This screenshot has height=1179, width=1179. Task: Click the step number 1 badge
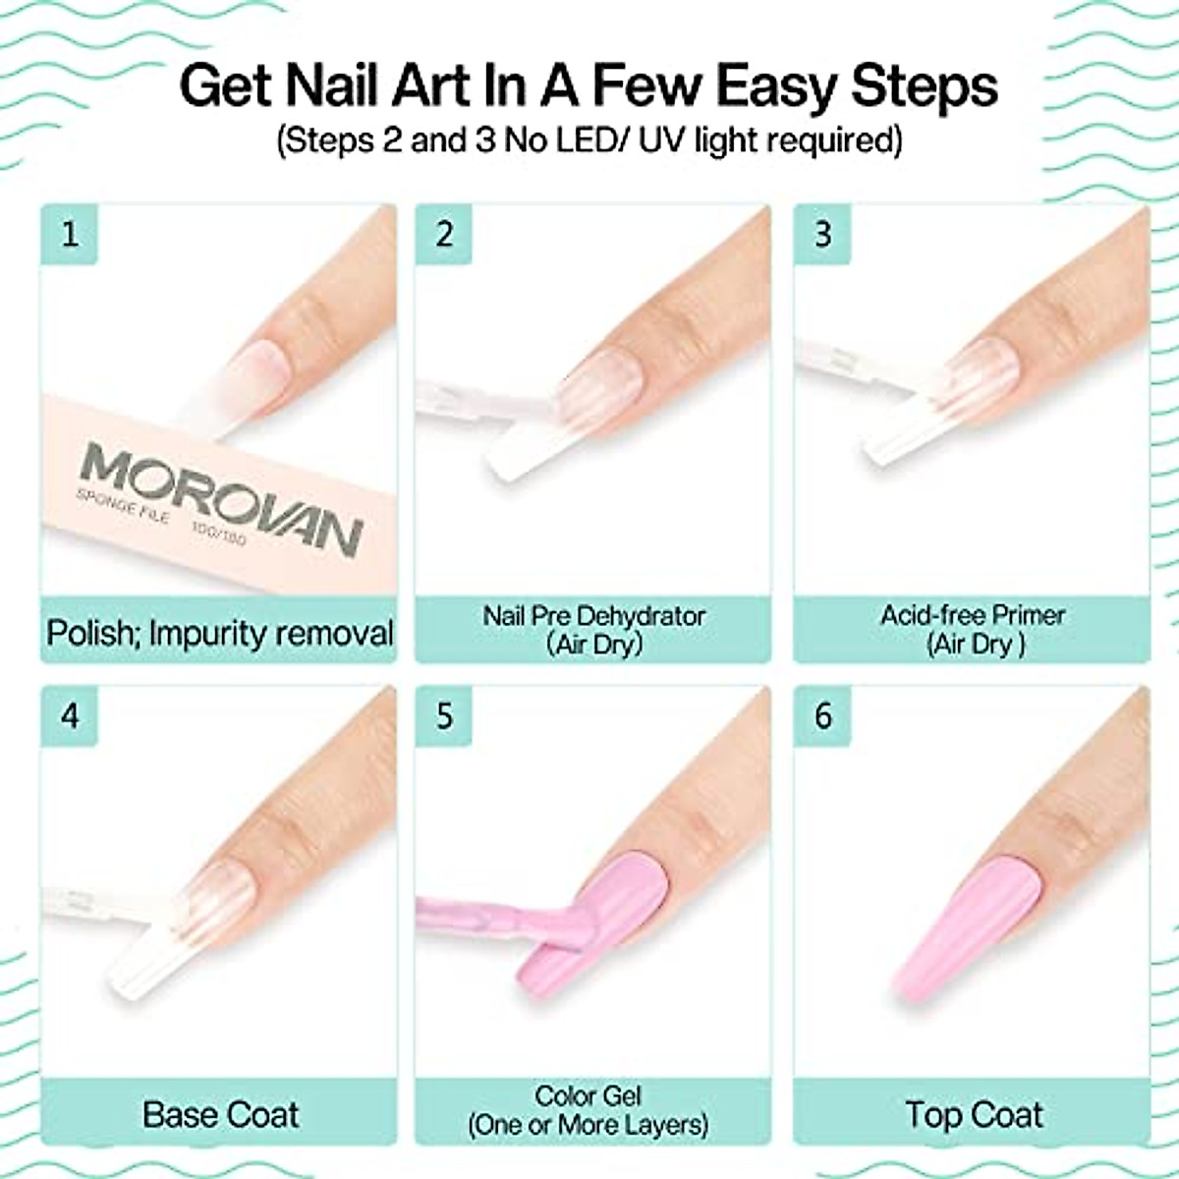pos(70,235)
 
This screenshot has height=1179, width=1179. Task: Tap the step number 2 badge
pos(445,235)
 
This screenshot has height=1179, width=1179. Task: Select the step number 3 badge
pos(823,235)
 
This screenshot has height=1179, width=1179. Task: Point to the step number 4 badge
pos(70,715)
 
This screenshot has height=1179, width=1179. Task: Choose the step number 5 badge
pos(445,715)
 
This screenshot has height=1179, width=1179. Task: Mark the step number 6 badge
pos(823,715)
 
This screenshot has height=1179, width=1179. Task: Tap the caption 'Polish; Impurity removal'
pos(220,633)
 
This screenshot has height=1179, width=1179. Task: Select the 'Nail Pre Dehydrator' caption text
pos(593,616)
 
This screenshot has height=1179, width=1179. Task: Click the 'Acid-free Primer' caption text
pos(973,615)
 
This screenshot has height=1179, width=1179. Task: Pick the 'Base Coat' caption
pos(220,1114)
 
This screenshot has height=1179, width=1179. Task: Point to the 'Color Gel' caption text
pos(588,1095)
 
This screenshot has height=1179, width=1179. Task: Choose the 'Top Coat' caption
pos(974,1114)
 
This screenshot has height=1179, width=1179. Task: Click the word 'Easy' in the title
pos(777,85)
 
